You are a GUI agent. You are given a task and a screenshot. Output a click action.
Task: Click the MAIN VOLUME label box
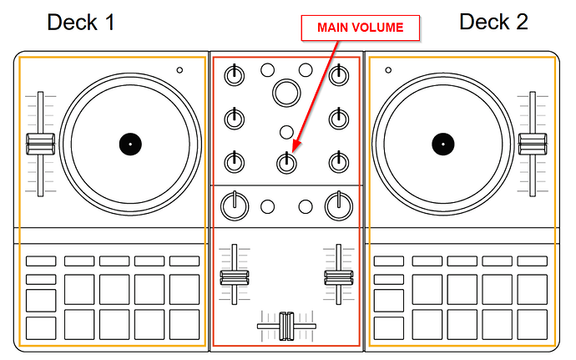[360, 28]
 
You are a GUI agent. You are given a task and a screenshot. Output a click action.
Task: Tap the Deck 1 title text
[81, 23]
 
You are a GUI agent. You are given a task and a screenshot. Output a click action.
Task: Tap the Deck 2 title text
[493, 22]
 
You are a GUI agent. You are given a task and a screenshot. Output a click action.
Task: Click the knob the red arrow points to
[286, 161]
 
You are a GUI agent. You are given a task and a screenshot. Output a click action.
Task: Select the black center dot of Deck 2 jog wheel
[442, 144]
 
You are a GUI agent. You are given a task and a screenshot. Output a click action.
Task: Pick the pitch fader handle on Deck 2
[528, 143]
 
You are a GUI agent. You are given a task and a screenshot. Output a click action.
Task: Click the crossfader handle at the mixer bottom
[286, 325]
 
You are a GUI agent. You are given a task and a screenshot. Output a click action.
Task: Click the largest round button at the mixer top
[286, 91]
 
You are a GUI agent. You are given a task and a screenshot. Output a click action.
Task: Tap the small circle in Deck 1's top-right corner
[179, 70]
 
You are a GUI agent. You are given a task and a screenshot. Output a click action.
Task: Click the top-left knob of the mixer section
[235, 75]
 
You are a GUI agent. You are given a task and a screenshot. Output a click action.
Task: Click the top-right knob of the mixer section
[338, 75]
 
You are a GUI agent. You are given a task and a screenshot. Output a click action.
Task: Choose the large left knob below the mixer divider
[235, 204]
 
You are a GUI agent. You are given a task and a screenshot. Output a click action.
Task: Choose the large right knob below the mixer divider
[338, 204]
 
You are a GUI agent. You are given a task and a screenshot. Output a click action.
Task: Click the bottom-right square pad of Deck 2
[533, 327]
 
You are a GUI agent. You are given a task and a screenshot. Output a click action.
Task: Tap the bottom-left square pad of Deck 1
[41, 327]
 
